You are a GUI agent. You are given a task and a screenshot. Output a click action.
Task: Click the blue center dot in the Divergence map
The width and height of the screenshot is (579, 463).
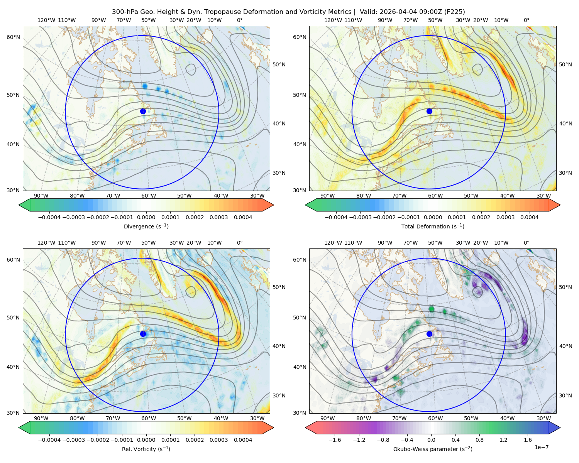(143, 112)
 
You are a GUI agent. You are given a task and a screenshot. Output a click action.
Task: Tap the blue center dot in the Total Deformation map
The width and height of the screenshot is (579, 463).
(429, 112)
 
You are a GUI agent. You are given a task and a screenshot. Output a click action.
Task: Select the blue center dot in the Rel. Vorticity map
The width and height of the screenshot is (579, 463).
(143, 334)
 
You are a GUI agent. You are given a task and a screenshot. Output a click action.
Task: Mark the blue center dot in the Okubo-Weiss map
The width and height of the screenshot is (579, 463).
(429, 334)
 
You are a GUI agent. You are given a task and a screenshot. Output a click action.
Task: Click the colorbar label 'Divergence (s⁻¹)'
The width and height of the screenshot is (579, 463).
(146, 226)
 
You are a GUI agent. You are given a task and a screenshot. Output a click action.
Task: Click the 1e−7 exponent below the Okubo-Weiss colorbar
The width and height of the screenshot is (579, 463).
(541, 447)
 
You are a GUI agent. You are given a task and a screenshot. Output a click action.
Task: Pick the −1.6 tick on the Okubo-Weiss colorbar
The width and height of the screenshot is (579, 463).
(335, 440)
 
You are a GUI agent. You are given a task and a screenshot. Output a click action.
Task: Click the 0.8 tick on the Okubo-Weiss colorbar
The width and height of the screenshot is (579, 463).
(479, 440)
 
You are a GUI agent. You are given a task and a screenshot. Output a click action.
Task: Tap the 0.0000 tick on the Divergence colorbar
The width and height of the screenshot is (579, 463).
(146, 217)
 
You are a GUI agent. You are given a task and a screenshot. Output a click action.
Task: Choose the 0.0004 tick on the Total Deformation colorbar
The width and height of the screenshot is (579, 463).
(529, 217)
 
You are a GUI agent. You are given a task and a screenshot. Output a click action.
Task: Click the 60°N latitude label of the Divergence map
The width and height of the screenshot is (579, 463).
(13, 37)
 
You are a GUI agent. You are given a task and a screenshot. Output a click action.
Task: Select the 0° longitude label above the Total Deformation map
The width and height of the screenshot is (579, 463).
(526, 20)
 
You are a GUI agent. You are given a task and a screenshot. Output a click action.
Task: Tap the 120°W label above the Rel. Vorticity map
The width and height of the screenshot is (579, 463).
(46, 243)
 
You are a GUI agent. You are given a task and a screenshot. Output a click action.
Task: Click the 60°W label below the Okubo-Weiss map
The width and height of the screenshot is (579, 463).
(435, 418)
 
